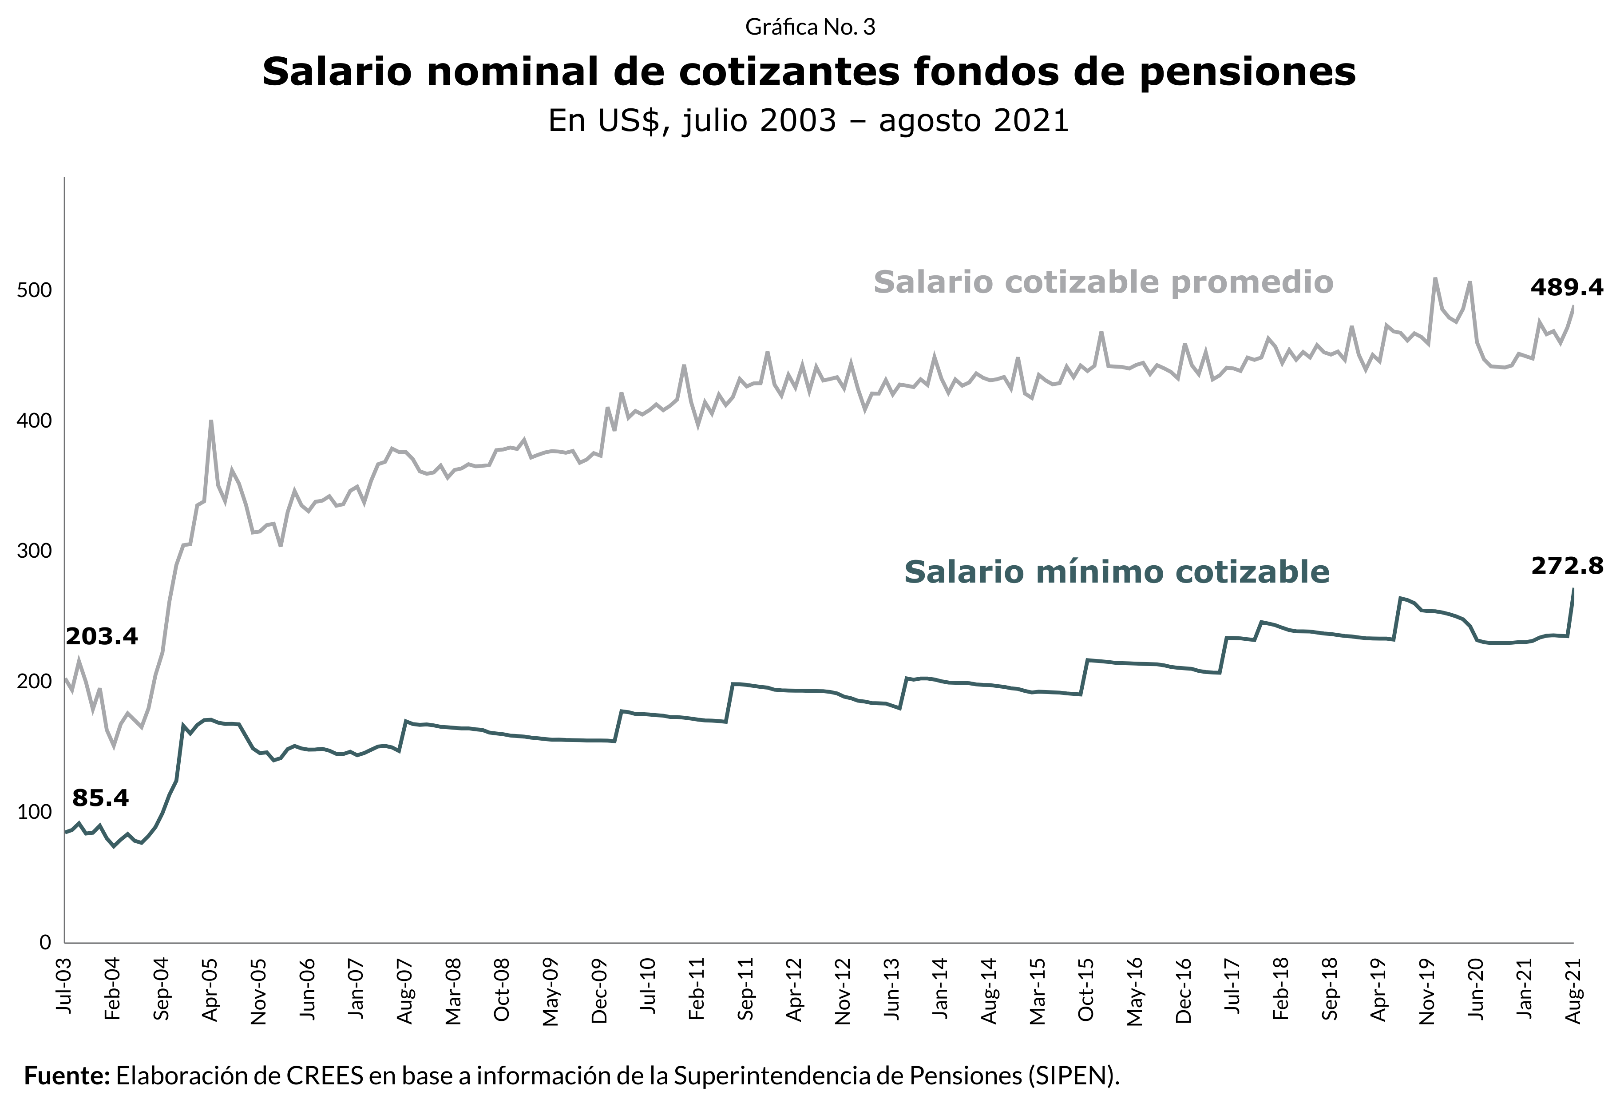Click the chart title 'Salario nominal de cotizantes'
point(808,72)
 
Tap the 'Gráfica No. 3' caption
point(810,27)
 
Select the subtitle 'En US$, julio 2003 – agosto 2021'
point(808,121)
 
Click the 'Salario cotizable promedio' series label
point(1103,283)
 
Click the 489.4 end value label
point(1567,287)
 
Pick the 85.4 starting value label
point(101,798)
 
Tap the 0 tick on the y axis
point(45,943)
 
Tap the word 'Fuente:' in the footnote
point(67,1075)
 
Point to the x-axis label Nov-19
point(1427,989)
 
